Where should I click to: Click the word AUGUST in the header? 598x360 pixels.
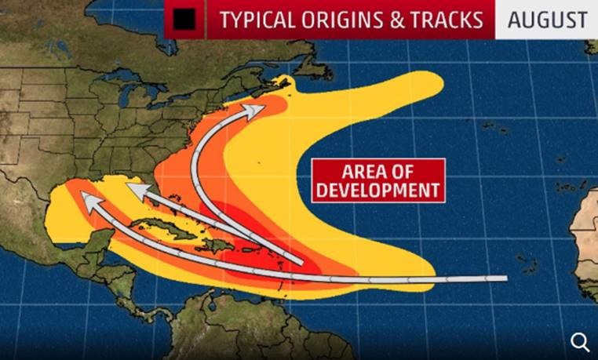click(547, 20)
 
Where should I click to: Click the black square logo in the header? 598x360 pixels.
click(186, 20)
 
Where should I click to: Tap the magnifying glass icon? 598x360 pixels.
click(580, 341)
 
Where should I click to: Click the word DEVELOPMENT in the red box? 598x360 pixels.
click(377, 190)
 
